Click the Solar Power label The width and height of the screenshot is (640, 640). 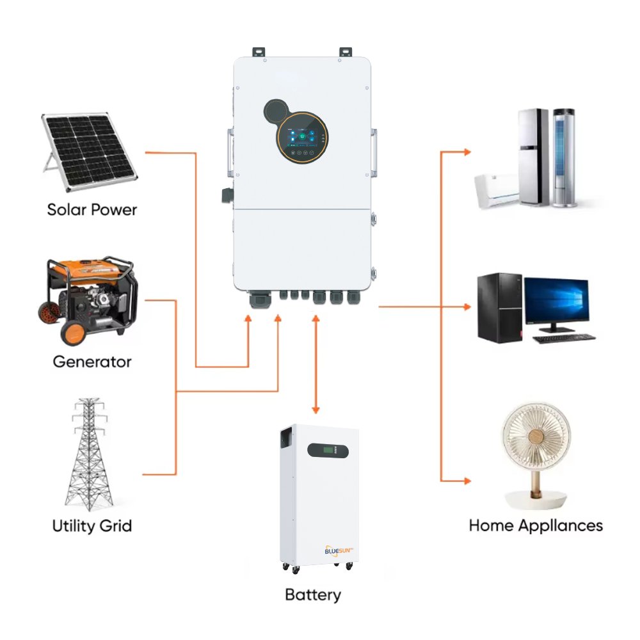[x=92, y=209]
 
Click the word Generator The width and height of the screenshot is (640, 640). [x=92, y=362]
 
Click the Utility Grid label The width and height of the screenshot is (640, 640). [x=92, y=526]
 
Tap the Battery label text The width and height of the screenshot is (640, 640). [x=312, y=595]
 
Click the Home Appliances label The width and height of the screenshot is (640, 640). [x=536, y=525]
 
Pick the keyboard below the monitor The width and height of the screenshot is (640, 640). [x=563, y=338]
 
